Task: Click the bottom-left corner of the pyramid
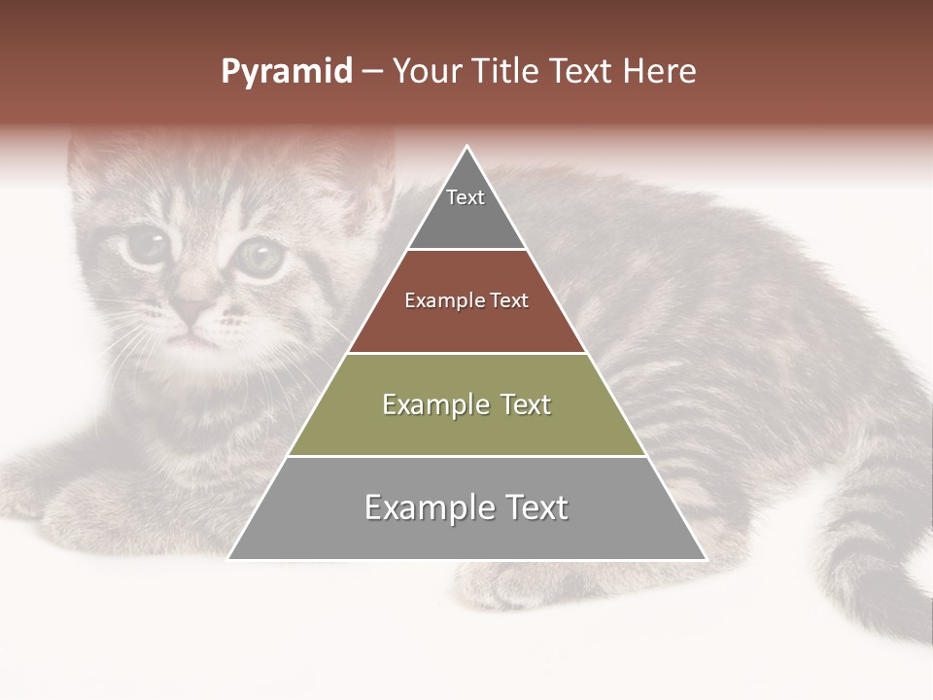tap(230, 558)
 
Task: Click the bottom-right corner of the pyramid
tap(705, 558)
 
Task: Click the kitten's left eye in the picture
tap(146, 244)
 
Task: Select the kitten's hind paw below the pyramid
tap(505, 583)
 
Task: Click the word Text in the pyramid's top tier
tap(465, 197)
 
